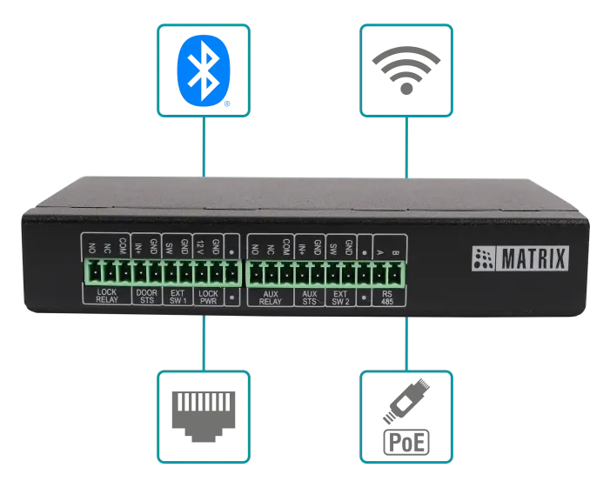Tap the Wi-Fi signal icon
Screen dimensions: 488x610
[406, 69]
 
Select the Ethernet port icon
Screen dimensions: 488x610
[203, 416]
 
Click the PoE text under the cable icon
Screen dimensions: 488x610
[406, 442]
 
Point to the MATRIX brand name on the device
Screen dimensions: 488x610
[533, 258]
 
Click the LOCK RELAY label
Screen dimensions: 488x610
[107, 296]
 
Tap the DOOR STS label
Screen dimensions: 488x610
[146, 296]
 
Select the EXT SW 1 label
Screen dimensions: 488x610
[178, 296]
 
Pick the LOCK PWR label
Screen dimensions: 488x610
[208, 296]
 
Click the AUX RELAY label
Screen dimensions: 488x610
[270, 296]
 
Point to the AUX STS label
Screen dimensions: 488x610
[309, 296]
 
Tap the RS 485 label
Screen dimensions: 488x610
[387, 296]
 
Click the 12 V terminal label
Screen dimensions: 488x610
[200, 247]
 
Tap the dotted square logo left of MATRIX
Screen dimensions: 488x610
[483, 258]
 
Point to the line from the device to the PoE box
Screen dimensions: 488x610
[406, 344]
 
